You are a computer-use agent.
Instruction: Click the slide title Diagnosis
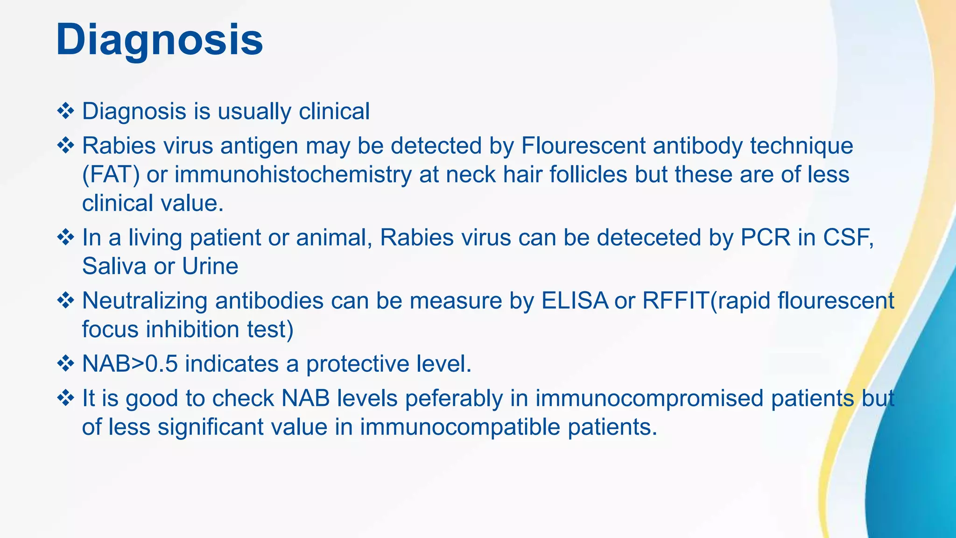[159, 41]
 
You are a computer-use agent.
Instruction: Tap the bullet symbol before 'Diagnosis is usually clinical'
[65, 111]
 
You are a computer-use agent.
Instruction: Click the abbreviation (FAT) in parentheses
[111, 175]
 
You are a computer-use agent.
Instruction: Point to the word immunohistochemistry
[293, 175]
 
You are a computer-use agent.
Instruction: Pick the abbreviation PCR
[766, 238]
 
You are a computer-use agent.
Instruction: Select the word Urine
[210, 266]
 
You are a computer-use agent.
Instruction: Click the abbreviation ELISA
[575, 301]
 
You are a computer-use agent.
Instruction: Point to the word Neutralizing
[145, 301]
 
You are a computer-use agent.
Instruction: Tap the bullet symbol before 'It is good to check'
[65, 398]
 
